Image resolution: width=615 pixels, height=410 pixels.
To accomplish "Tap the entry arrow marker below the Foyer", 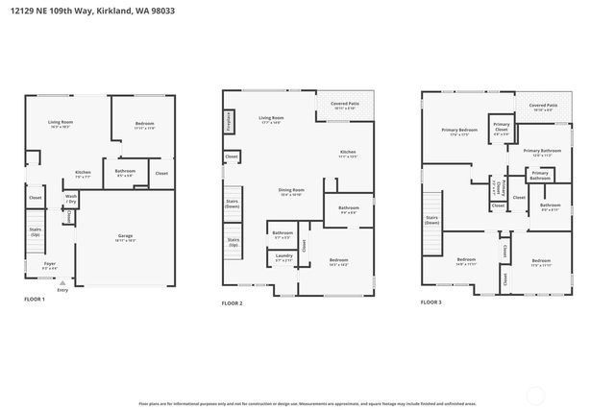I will click(x=61, y=284).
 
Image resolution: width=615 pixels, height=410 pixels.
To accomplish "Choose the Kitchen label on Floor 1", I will click(x=84, y=175).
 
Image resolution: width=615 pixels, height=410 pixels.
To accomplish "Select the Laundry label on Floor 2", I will click(x=283, y=256).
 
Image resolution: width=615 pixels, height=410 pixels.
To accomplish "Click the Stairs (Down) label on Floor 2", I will click(x=232, y=205).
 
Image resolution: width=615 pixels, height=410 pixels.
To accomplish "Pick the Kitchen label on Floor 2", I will click(x=348, y=154).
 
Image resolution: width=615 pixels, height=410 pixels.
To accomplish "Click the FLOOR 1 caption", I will click(x=35, y=300).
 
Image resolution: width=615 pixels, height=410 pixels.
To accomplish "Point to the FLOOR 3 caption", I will click(x=431, y=302).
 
